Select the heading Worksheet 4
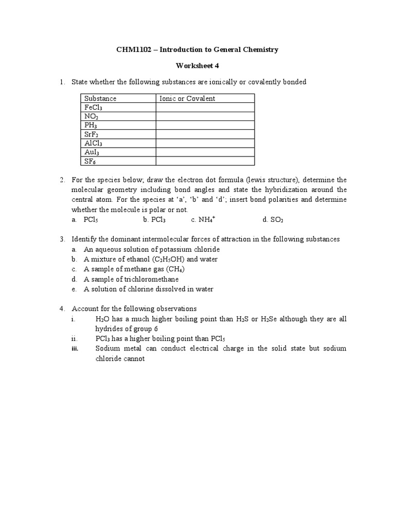tap(198, 66)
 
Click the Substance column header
tap(100, 98)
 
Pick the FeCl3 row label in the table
tap(93, 108)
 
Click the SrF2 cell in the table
tap(92, 134)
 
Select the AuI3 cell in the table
tap(93, 152)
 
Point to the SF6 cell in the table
tap(91, 161)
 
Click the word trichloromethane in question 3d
tap(154, 279)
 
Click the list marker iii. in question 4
tap(75, 348)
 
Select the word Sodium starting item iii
tap(107, 348)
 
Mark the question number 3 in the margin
tap(61, 239)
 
